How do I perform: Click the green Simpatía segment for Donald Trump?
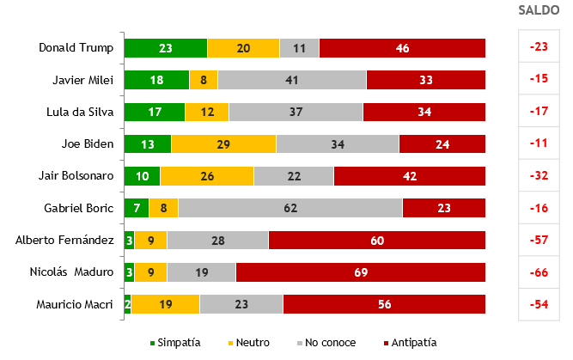point(165,48)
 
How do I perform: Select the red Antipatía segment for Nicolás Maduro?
point(360,272)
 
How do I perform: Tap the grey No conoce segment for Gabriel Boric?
point(290,208)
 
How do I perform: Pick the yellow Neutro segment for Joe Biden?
point(223,143)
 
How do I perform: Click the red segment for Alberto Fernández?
point(376,241)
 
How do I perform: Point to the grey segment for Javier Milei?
point(292,80)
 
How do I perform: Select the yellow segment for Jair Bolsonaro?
point(207,176)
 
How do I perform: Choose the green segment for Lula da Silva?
point(155,112)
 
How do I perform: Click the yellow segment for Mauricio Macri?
point(165,304)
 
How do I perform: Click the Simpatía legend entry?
point(177,342)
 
